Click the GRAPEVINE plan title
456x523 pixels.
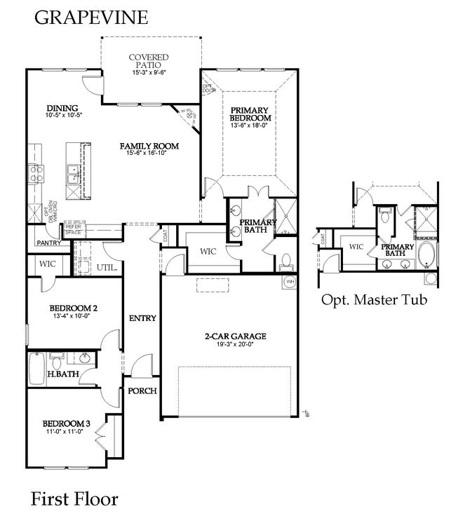point(91,18)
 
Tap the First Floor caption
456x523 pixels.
point(74,499)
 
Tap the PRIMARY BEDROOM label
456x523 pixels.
point(250,114)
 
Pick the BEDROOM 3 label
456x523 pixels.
point(66,423)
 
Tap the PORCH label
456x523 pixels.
point(141,390)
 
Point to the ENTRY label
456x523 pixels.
point(142,318)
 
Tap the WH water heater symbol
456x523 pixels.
point(290,282)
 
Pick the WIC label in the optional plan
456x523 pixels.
point(356,247)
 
